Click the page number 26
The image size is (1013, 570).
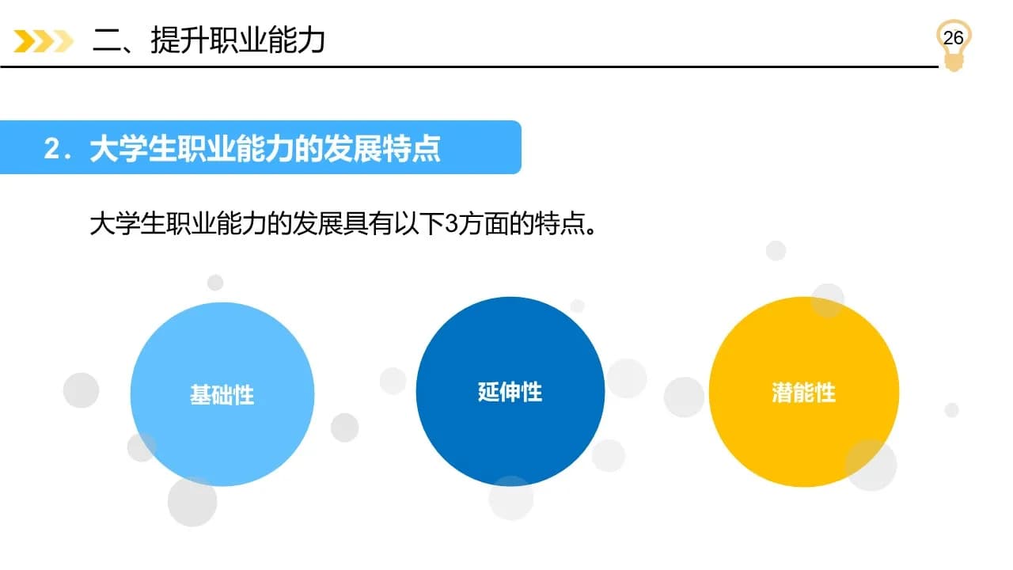coord(953,38)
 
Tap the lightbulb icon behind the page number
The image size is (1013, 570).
coord(954,45)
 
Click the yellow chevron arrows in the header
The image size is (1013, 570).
coord(44,41)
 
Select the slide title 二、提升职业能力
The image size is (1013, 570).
coord(208,40)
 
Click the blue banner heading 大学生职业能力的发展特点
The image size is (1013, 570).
coord(265,148)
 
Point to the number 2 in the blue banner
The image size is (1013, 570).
coord(51,148)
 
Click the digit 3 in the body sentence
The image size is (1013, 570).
coord(452,223)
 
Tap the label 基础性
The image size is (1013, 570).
coord(222,394)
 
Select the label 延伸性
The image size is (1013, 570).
coord(510,392)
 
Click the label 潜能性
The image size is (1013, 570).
coord(803,392)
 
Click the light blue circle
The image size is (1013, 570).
coord(222,394)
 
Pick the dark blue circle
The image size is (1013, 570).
coord(510,391)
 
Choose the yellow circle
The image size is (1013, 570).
coord(803,392)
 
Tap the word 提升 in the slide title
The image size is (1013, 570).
coord(179,40)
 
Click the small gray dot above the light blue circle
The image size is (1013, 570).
coord(215,283)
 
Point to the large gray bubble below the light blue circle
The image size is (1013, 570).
coord(192,502)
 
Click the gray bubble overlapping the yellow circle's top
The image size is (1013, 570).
coord(828,300)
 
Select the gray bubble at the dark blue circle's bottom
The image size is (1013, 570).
coord(511,498)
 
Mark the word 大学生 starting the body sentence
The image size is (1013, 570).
coord(127,223)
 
